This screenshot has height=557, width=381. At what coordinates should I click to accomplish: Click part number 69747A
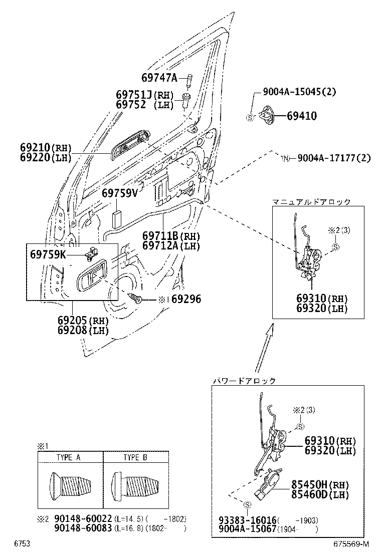tap(159, 78)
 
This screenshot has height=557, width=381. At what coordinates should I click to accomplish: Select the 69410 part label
tap(301, 116)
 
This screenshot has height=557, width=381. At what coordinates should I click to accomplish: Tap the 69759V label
tap(119, 193)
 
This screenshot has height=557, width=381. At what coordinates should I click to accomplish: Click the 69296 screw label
tap(183, 299)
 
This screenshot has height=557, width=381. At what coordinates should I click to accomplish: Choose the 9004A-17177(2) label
tap(333, 158)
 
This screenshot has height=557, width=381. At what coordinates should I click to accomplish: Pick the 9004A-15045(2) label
tap(299, 92)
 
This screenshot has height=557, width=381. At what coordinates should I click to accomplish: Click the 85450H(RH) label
tap(320, 485)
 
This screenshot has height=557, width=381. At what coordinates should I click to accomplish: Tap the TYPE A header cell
tap(70, 457)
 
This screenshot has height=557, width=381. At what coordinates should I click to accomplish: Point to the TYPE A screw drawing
tap(71, 484)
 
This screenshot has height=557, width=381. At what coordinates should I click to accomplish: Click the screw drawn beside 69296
tap(136, 299)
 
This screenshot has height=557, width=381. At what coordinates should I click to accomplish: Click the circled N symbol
tap(286, 159)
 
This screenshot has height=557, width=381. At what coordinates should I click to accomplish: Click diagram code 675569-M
tap(351, 543)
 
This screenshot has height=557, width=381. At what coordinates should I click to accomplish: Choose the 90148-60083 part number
tap(83, 528)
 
